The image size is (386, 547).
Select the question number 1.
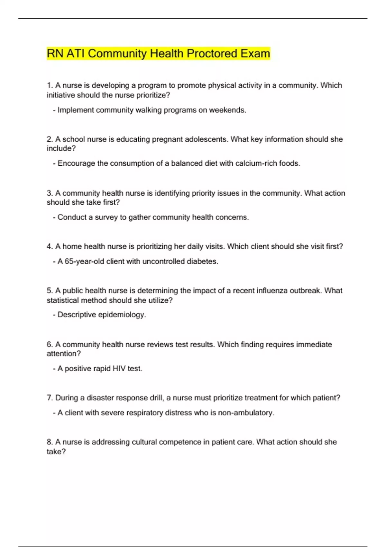click(50, 86)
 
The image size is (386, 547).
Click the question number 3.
click(50, 193)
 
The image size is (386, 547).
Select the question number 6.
click(50, 345)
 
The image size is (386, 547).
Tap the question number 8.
click(50, 442)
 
